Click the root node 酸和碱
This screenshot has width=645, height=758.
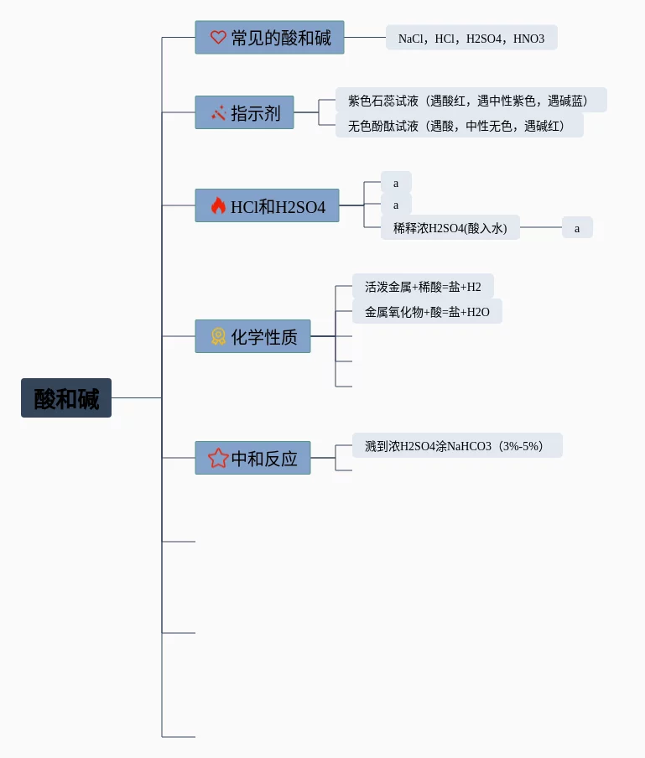(66, 398)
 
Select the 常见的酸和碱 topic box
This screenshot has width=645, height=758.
(269, 38)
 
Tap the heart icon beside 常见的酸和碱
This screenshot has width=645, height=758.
(218, 38)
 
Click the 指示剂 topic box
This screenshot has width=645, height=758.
(244, 112)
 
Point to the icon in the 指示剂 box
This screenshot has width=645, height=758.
(218, 112)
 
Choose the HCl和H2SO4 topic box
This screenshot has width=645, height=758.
(267, 205)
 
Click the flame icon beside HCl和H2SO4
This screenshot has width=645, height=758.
(218, 205)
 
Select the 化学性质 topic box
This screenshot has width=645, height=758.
(252, 336)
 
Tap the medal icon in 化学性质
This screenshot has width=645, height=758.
(218, 336)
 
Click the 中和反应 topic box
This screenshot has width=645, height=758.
(252, 458)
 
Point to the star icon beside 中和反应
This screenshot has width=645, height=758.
(218, 458)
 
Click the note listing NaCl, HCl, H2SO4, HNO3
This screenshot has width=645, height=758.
(471, 38)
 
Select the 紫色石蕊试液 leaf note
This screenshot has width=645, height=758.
(471, 101)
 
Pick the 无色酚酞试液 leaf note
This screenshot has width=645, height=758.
(459, 126)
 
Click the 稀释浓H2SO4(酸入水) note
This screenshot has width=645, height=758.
(450, 227)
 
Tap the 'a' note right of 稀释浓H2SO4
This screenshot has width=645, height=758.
(577, 227)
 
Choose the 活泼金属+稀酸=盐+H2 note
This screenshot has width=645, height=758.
(423, 287)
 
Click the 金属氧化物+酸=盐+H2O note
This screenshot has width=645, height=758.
(427, 312)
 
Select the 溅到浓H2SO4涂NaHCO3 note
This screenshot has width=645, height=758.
(457, 446)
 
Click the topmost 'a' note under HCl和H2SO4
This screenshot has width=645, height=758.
(396, 183)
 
